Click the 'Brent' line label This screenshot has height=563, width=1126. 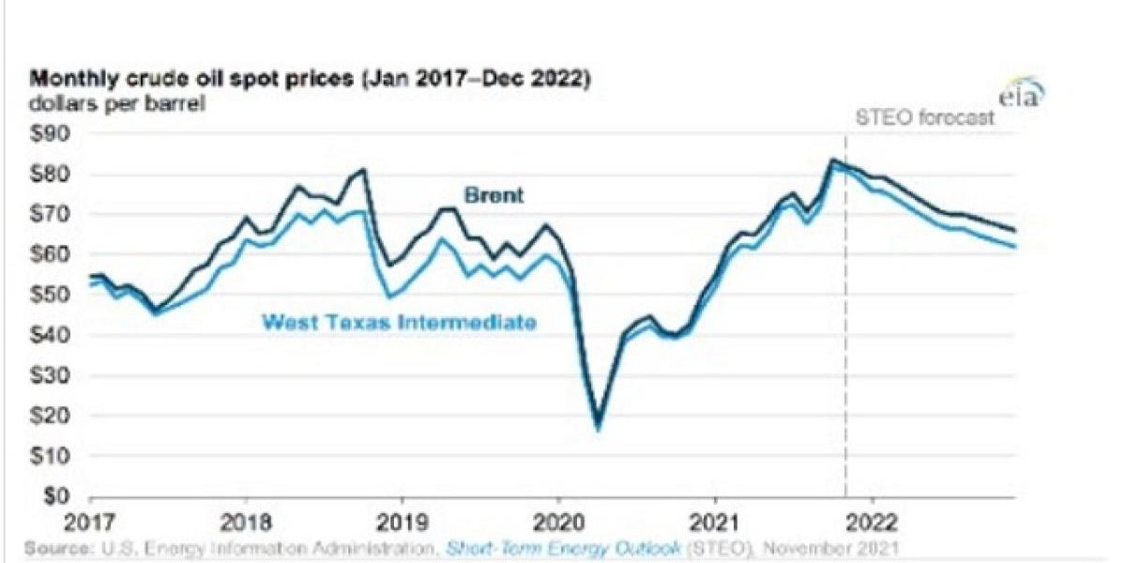point(493,196)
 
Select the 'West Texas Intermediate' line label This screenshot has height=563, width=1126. point(398,322)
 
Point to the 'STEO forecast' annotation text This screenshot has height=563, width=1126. point(924,119)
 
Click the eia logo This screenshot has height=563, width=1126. point(1022,96)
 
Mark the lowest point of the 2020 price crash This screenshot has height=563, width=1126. point(599,426)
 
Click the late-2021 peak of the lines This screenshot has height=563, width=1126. point(832,160)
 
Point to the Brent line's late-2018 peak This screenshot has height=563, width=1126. point(363,170)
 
